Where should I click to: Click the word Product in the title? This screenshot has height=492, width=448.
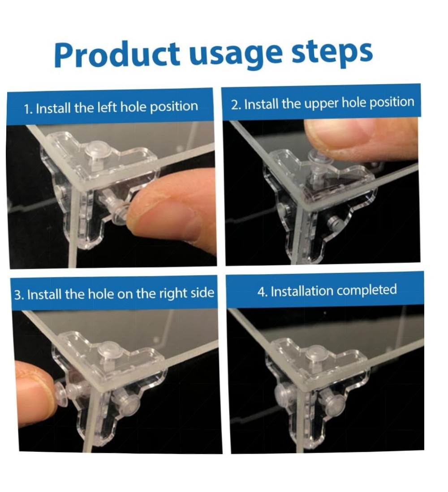pos(117,54)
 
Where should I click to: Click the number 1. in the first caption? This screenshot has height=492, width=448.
pos(29,109)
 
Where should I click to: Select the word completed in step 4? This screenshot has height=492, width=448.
pos(366,290)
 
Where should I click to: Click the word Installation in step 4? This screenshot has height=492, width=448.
pos(302,291)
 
